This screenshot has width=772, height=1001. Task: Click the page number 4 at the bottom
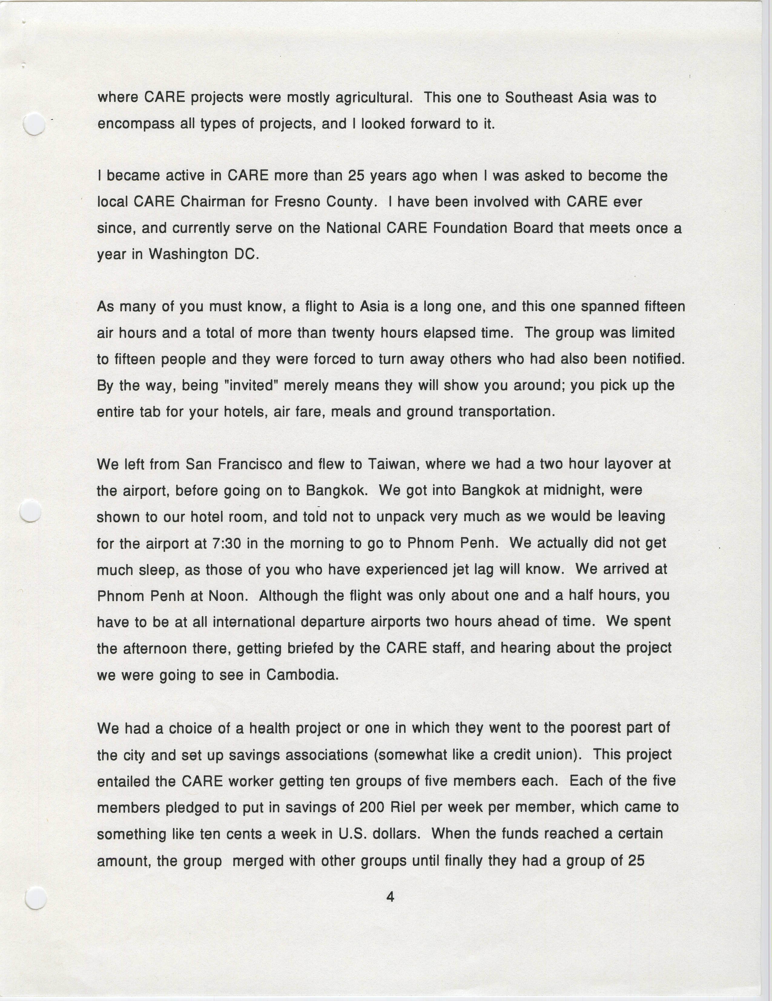(390, 896)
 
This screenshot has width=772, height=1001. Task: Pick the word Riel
(403, 807)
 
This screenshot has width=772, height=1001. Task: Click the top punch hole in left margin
(34, 124)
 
